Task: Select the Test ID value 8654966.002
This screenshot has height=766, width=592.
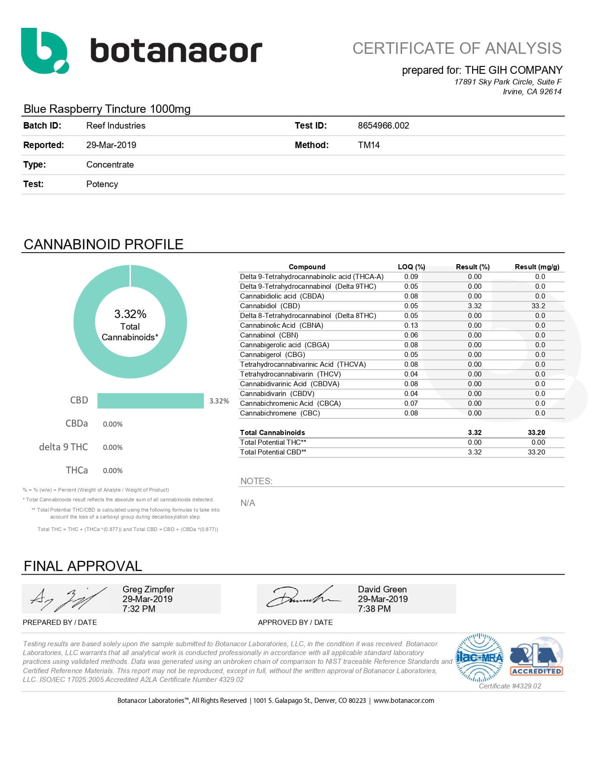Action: click(383, 125)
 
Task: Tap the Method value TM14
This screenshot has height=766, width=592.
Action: click(369, 145)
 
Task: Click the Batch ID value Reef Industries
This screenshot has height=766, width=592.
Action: click(116, 125)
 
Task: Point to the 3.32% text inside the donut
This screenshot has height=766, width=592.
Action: click(130, 314)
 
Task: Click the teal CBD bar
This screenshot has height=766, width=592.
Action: click(150, 401)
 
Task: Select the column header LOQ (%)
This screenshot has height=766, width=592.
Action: click(411, 266)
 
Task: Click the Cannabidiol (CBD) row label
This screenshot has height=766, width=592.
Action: click(270, 306)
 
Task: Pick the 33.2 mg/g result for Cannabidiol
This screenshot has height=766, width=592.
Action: click(538, 306)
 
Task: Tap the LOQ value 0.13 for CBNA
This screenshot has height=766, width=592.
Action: click(411, 325)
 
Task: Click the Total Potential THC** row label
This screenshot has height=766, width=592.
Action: click(273, 442)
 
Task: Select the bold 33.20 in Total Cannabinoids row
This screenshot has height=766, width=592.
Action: click(536, 432)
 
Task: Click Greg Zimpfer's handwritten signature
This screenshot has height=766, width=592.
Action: click(67, 599)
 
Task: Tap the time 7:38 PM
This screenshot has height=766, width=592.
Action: click(374, 609)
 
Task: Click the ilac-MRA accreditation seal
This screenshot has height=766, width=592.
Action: click(480, 657)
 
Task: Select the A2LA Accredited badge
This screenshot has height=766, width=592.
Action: click(536, 657)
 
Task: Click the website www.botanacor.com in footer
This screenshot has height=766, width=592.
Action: click(403, 701)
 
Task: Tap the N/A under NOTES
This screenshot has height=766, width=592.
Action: click(247, 503)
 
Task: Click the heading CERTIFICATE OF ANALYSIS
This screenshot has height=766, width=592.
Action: click(457, 48)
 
